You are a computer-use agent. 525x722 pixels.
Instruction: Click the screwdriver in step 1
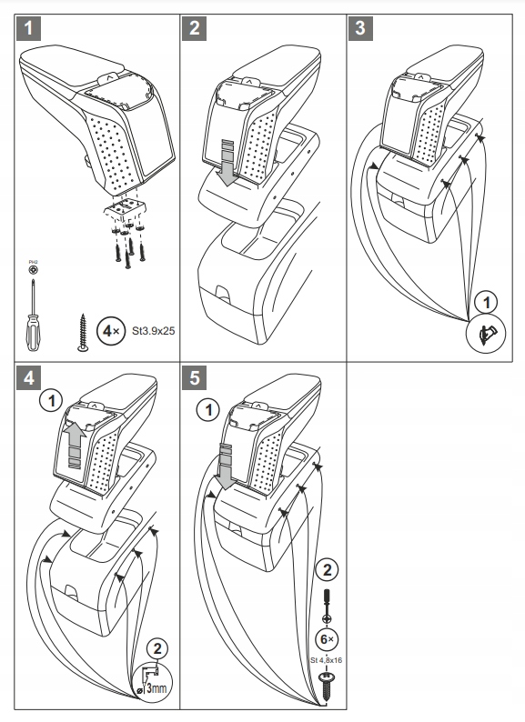click(34, 314)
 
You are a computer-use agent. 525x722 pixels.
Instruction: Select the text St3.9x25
click(153, 332)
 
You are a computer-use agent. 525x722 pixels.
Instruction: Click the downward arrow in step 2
click(226, 162)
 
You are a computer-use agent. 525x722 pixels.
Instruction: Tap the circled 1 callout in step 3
click(488, 302)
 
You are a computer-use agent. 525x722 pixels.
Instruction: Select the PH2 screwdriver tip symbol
click(34, 270)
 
